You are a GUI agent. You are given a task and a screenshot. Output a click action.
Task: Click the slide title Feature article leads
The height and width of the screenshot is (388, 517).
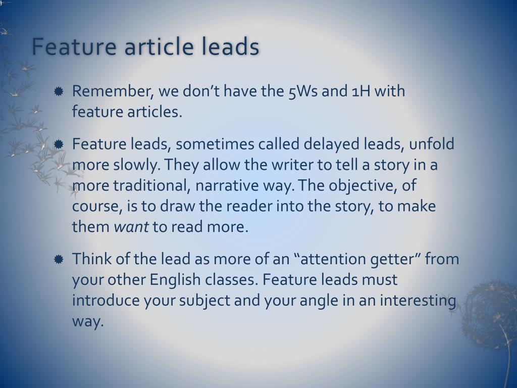(x=145, y=47)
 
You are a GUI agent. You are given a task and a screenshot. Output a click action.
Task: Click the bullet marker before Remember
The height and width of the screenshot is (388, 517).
(x=59, y=91)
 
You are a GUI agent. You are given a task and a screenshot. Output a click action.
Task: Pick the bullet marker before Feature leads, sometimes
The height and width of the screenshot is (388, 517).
(x=59, y=144)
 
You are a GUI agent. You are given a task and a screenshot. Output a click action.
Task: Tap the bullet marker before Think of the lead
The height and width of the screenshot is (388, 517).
(x=59, y=259)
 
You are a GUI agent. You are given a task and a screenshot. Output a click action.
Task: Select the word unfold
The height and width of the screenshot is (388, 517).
(x=432, y=144)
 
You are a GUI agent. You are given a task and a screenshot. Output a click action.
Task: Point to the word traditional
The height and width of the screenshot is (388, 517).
(x=150, y=185)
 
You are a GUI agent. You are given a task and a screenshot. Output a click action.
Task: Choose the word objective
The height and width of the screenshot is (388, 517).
(x=362, y=185)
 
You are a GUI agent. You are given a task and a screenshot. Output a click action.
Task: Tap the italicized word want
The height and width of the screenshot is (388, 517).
(x=131, y=227)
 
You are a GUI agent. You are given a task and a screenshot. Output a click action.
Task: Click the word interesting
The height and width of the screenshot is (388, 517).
(x=418, y=301)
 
